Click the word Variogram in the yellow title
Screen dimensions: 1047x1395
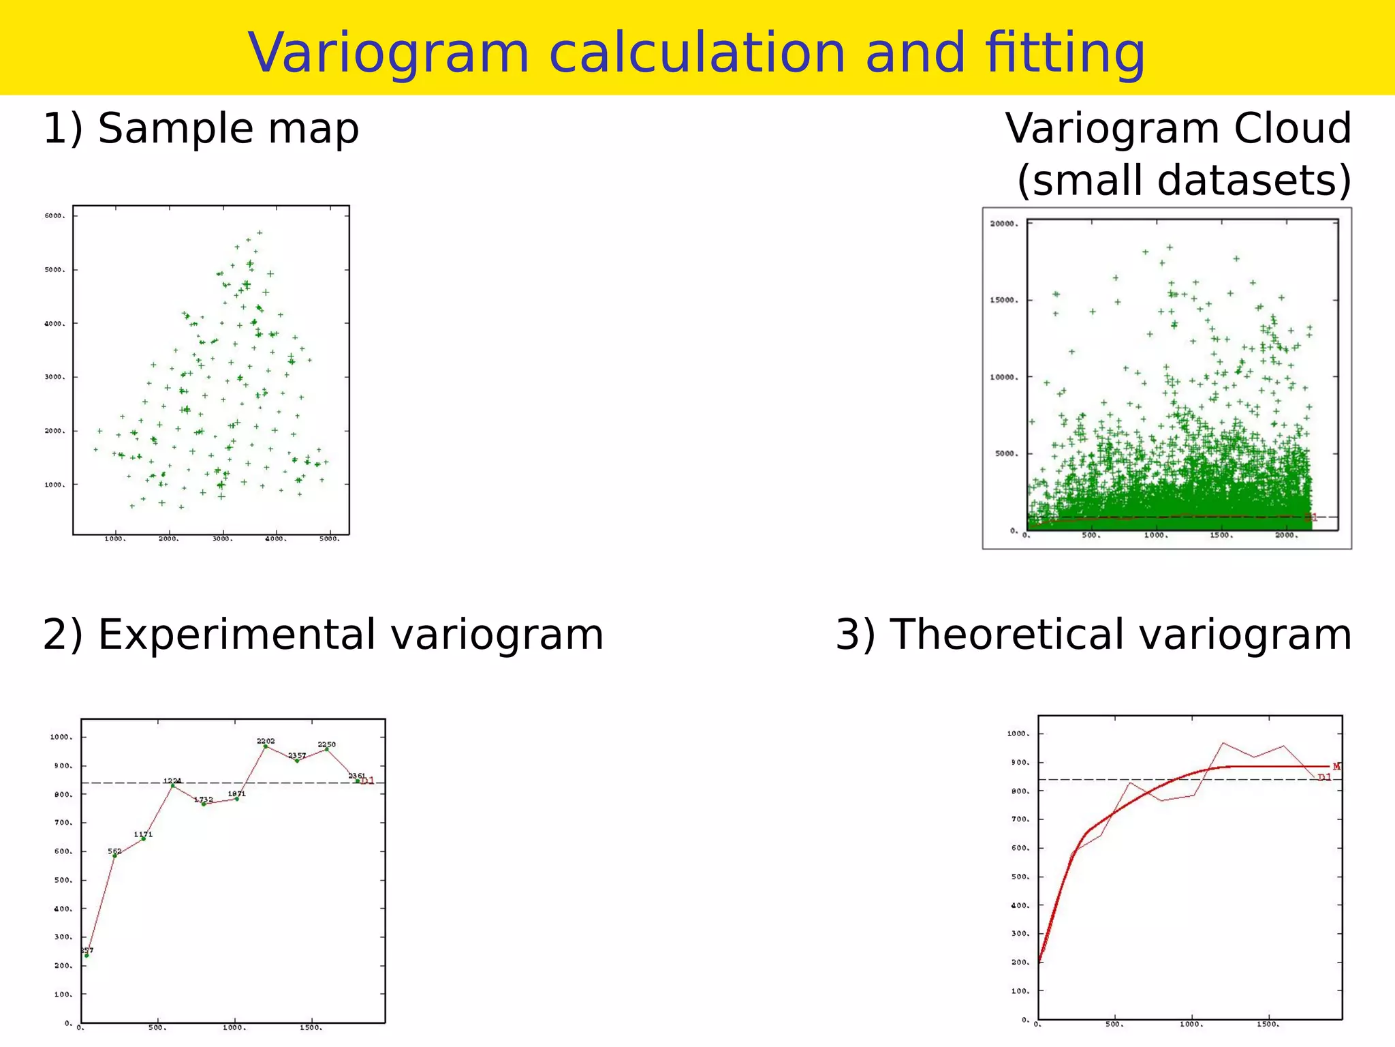click(388, 53)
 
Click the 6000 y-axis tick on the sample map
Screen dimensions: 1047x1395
click(54, 215)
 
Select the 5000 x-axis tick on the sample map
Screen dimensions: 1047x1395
click(329, 539)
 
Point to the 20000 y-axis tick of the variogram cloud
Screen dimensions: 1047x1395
click(1004, 224)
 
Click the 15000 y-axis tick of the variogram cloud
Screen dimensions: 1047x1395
click(1004, 300)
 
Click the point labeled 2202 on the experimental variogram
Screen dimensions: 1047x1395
click(266, 746)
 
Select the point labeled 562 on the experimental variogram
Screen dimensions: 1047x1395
click(114, 855)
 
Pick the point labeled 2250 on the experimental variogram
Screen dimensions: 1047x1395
click(327, 749)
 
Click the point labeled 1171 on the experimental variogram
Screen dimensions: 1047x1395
click(143, 839)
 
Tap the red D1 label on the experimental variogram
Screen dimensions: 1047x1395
click(368, 781)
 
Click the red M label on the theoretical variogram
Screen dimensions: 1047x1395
click(1336, 767)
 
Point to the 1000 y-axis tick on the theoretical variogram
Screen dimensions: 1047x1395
click(1018, 734)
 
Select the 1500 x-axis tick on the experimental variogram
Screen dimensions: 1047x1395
click(310, 1028)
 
